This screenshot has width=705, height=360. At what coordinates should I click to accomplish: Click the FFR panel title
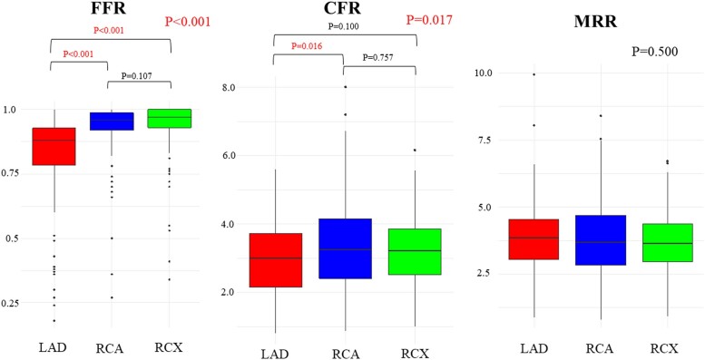click(111, 9)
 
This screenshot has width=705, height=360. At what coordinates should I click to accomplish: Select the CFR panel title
click(345, 9)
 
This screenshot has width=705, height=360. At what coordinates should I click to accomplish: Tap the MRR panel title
click(595, 21)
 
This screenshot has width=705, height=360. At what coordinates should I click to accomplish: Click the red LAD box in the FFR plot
click(54, 147)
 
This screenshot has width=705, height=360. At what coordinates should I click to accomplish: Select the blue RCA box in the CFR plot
click(345, 248)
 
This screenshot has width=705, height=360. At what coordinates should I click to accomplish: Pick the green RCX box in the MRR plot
click(666, 243)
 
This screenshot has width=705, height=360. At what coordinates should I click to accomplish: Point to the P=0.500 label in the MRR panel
click(655, 52)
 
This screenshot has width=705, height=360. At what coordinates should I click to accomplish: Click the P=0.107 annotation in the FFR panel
click(137, 76)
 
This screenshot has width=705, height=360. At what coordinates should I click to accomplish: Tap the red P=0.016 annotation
click(307, 46)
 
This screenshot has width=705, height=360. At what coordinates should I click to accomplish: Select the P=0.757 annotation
click(378, 57)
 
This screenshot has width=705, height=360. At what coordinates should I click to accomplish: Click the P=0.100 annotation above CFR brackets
click(344, 26)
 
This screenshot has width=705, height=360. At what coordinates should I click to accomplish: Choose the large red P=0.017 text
click(429, 20)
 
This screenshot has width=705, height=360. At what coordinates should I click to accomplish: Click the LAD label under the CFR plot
click(275, 354)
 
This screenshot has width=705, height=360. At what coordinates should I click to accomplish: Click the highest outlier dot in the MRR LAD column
click(534, 74)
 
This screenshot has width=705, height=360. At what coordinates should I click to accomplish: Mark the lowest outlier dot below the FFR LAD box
click(54, 321)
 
